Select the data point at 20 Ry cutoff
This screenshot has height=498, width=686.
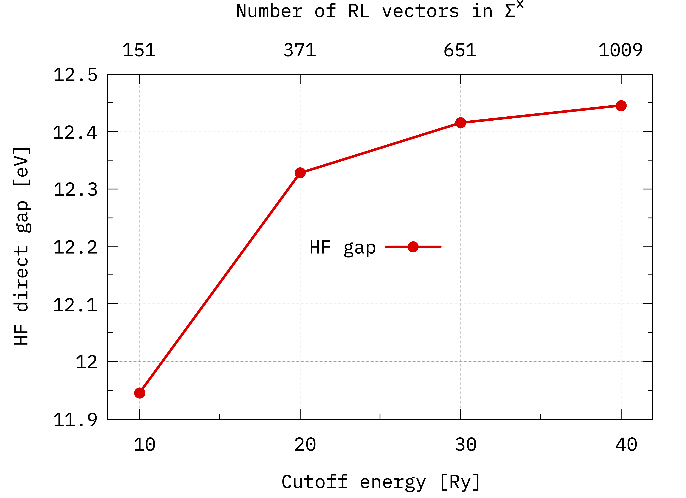pos(300,173)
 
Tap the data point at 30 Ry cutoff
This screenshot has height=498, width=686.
pos(460,123)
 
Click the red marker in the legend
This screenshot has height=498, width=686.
pos(413,247)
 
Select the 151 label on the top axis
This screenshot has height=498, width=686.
pos(139,50)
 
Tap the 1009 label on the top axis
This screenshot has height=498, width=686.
pos(621,50)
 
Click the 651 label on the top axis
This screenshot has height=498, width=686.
pos(460,50)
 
